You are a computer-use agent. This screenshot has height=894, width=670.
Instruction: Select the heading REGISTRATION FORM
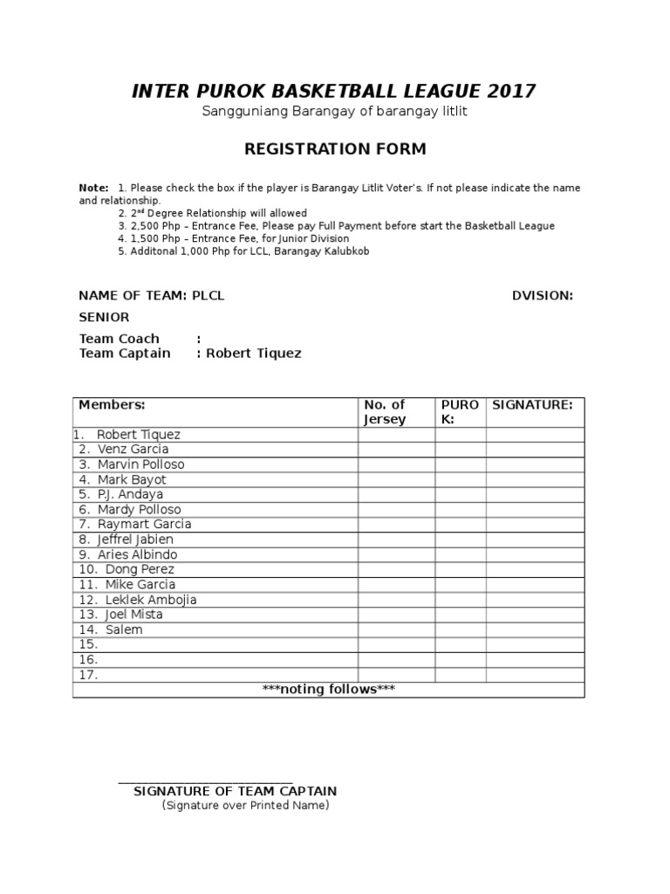(334, 149)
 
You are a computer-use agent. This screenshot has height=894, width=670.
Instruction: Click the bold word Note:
(93, 188)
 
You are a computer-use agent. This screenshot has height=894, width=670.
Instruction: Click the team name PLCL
(209, 296)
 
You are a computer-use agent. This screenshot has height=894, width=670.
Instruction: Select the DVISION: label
(542, 296)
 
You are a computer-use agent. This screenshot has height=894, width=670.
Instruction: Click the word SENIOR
(104, 317)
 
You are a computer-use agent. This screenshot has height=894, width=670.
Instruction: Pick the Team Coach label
(120, 339)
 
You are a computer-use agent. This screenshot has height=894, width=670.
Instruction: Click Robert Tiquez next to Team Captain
(254, 354)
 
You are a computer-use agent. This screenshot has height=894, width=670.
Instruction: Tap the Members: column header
(112, 405)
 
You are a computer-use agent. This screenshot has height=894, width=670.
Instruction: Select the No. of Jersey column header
(385, 412)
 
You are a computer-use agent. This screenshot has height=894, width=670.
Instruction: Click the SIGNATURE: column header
(532, 405)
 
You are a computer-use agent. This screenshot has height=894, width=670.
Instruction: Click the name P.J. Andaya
(130, 494)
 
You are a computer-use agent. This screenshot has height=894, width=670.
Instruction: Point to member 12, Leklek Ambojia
(150, 600)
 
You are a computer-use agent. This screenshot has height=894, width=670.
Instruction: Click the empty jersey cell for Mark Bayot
(396, 479)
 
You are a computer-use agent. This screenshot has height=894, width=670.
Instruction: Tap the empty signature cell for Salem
(535, 629)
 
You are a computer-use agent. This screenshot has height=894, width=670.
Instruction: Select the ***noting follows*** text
(329, 690)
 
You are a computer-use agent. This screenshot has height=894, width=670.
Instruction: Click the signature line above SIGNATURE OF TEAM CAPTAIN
(205, 783)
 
